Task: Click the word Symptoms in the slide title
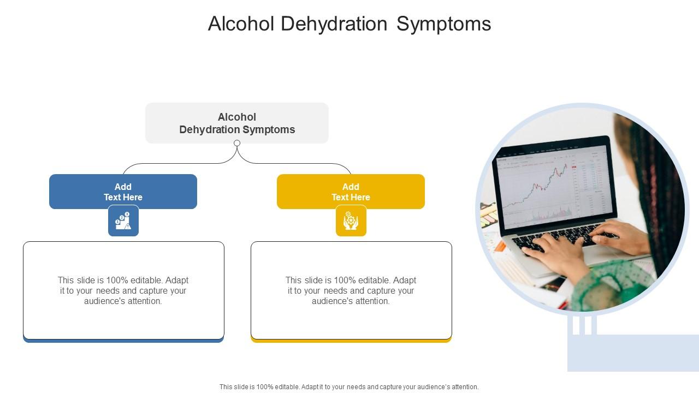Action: coord(443,24)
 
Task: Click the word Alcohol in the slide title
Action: coord(241,24)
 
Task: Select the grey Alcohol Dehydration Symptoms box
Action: coord(237,123)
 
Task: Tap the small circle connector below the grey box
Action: coord(237,143)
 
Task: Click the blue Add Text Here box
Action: coord(123,192)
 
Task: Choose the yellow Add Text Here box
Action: coord(351,192)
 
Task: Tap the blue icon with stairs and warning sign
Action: coord(123,221)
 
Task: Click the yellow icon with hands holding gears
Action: coord(351,221)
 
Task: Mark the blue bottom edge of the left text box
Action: coord(123,341)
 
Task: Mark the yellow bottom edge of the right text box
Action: coord(351,341)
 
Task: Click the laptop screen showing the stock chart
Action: coord(552,186)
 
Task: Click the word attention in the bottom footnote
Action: coord(464,387)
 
